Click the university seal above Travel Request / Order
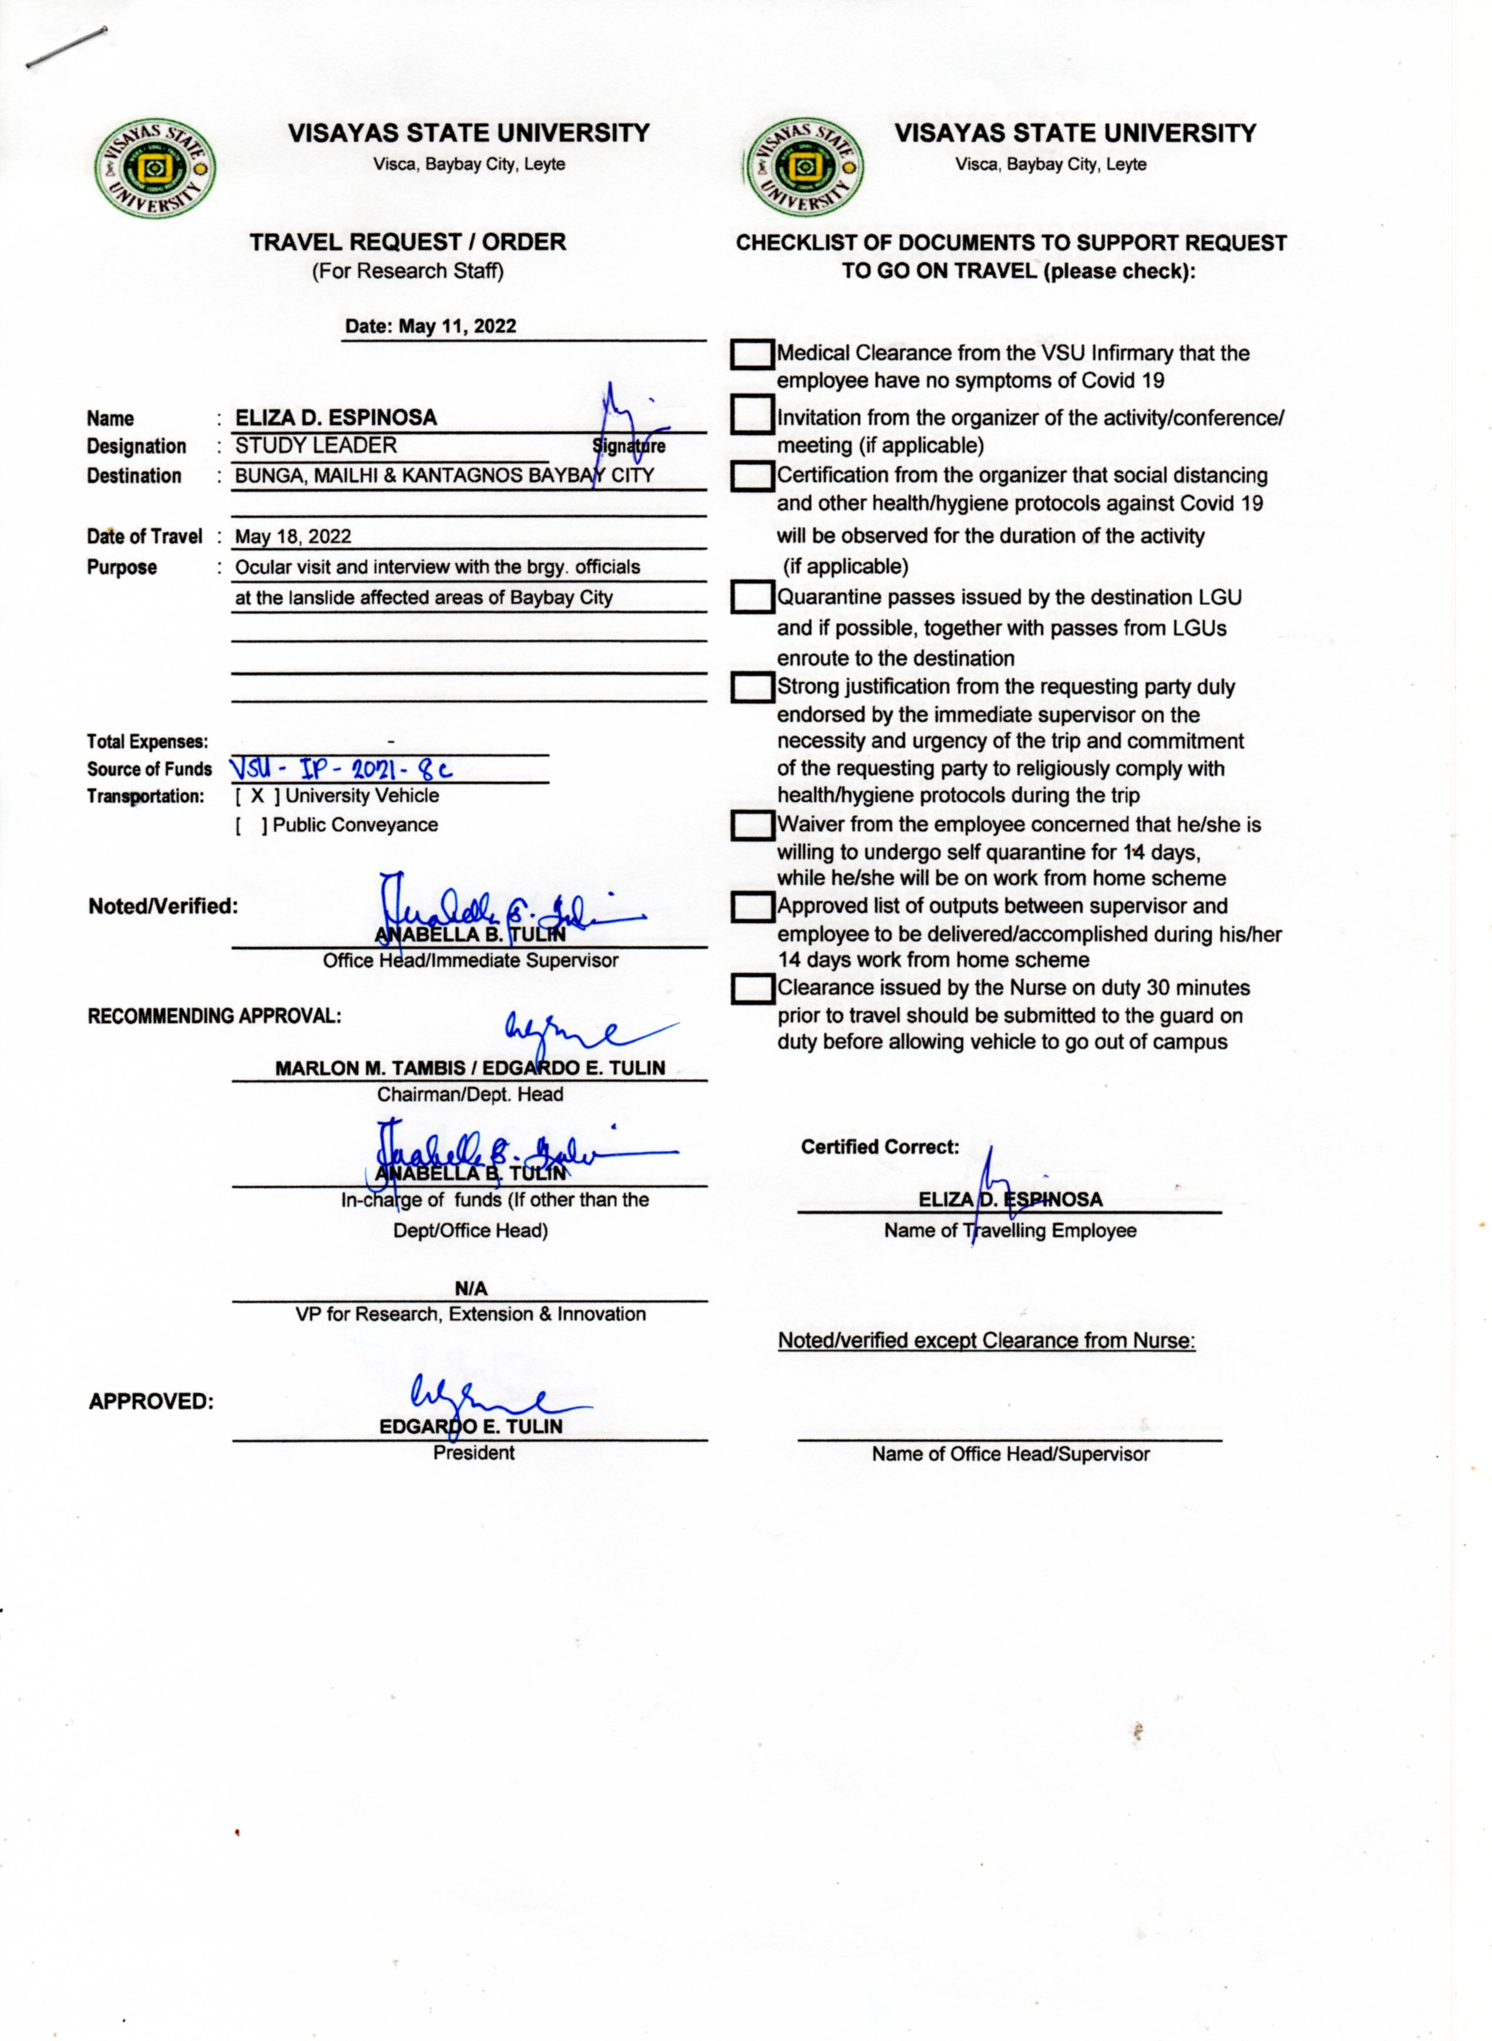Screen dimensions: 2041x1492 [155, 168]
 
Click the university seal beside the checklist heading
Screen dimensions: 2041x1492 [802, 168]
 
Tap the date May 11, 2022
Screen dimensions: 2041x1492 [431, 326]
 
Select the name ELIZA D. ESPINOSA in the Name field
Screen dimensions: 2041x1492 [336, 417]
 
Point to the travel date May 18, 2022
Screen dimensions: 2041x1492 [293, 536]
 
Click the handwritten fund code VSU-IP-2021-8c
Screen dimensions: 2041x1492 [341, 769]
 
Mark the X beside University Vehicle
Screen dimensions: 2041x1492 [257, 796]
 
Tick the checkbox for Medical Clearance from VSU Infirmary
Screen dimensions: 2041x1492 [751, 355]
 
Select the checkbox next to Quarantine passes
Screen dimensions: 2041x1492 [751, 598]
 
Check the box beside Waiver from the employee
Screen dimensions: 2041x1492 [751, 825]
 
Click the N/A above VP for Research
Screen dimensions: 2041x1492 [471, 1288]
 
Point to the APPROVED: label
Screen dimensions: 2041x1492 [151, 1401]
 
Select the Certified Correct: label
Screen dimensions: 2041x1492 [880, 1147]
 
